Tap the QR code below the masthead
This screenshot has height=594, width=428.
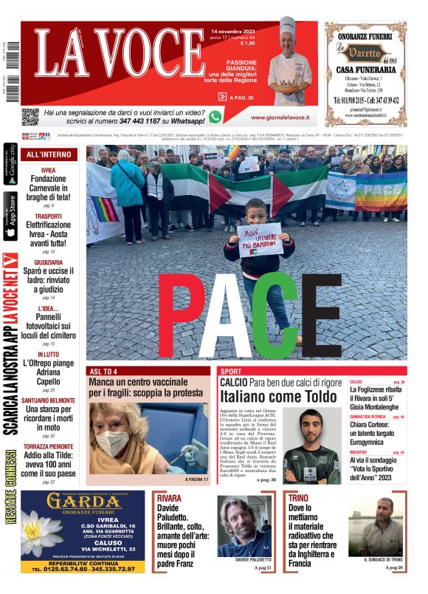[30, 117]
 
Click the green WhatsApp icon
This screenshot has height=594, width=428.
[215, 116]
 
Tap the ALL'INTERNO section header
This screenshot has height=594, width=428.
[49, 154]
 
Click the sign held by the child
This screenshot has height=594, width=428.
[259, 240]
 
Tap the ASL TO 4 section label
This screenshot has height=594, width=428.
[103, 371]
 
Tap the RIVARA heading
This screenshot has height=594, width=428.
[169, 498]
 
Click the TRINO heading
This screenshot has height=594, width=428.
[298, 498]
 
